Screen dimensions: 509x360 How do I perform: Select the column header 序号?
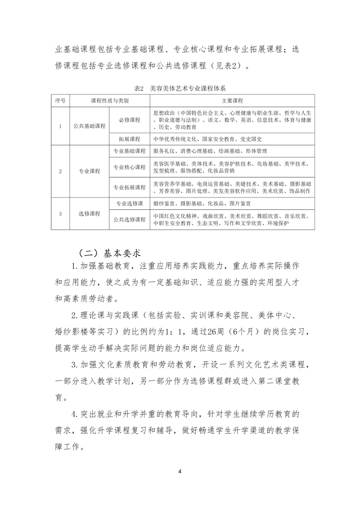pos(60,100)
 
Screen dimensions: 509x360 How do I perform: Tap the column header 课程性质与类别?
pos(109,100)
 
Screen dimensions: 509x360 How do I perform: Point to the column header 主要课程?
pos(232,100)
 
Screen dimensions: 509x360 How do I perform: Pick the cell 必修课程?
pos(129,120)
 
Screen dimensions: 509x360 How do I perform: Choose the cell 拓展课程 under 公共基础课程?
pos(129,139)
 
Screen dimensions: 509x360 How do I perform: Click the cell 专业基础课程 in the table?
pos(129,151)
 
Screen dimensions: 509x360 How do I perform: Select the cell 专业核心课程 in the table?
pos(129,167)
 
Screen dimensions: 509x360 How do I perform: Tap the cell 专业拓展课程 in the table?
pos(129,187)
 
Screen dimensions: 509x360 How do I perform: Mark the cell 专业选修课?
pos(129,203)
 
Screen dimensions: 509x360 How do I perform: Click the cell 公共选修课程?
pos(129,220)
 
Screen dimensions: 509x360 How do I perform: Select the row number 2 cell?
pos(60,171)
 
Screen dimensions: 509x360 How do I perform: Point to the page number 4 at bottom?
pos(180,472)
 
